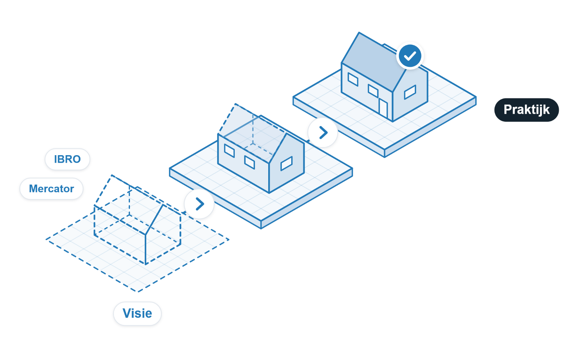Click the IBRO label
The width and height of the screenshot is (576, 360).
[x=67, y=159]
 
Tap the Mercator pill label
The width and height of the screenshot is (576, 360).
[x=51, y=189]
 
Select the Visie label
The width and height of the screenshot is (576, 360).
[x=137, y=314]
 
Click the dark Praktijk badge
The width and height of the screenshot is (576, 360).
[x=527, y=110]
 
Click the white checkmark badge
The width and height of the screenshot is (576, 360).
[x=410, y=56]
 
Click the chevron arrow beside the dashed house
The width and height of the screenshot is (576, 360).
[x=199, y=204]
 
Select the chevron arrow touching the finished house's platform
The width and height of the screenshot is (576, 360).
[x=323, y=133]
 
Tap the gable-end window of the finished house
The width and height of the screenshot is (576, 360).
[x=410, y=92]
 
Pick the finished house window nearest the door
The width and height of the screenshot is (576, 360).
[x=373, y=91]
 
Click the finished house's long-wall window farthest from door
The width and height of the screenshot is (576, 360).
[x=353, y=79]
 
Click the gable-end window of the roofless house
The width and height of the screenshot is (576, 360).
[x=287, y=163]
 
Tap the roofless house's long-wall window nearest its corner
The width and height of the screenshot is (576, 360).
[x=249, y=162]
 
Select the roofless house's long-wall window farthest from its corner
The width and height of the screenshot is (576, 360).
[x=229, y=151]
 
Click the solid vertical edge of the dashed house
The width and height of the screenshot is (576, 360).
[x=145, y=249]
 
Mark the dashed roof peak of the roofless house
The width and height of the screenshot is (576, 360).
[x=235, y=104]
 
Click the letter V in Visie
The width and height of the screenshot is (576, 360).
[x=127, y=313]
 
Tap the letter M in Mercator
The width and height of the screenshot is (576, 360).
[x=34, y=189]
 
